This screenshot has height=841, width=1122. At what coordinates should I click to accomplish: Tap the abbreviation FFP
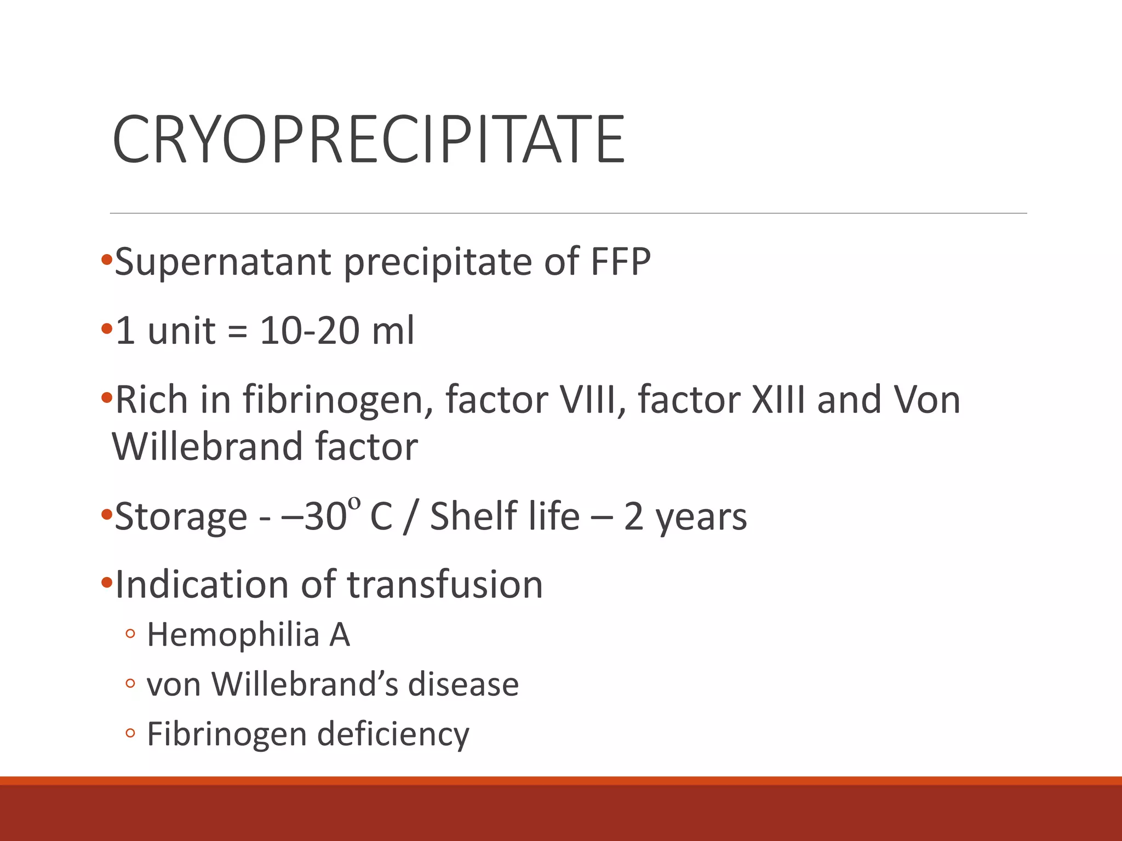pyautogui.click(x=620, y=262)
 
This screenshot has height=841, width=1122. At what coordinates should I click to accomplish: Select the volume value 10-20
pyautogui.click(x=310, y=331)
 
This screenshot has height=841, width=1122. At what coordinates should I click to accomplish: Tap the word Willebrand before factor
pyautogui.click(x=208, y=447)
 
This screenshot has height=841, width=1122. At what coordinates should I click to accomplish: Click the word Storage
pyautogui.click(x=181, y=516)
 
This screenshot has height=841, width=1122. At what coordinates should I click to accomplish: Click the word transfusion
pyautogui.click(x=445, y=585)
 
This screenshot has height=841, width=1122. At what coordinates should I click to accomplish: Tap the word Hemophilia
pyautogui.click(x=233, y=635)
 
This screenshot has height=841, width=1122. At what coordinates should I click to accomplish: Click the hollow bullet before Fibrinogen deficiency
pyautogui.click(x=130, y=733)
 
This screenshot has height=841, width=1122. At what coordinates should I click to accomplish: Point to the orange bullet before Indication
pyautogui.click(x=106, y=582)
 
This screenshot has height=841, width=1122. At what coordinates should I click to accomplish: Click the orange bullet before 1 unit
pyautogui.click(x=106, y=329)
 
